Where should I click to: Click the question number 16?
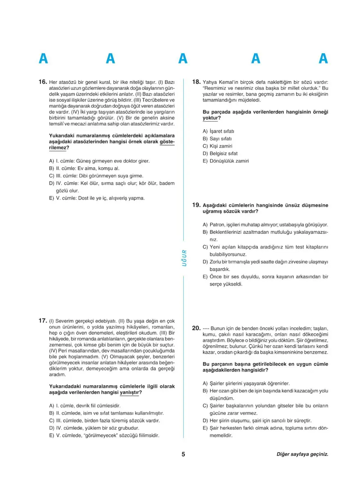43,82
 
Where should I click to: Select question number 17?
43,321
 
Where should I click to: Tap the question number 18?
196,82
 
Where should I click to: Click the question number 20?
196,328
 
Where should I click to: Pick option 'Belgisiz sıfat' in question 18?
223,153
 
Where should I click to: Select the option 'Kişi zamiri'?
220,146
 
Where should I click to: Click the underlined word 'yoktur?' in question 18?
212,118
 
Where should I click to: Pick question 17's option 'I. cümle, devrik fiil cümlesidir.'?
85,406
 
